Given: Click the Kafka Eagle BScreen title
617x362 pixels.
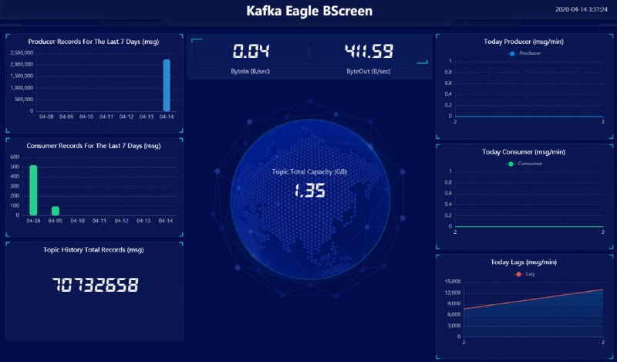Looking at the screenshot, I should pyautogui.click(x=308, y=11).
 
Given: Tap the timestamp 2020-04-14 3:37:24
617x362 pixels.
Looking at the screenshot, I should pyautogui.click(x=582, y=10).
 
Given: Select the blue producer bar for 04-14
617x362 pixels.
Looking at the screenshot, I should pyautogui.click(x=166, y=86).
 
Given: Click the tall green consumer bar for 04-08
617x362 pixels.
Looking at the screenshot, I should pyautogui.click(x=33, y=190).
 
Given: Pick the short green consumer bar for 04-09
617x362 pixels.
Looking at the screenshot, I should pyautogui.click(x=56, y=211).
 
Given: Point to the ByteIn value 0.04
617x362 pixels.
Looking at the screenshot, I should pyautogui.click(x=251, y=52).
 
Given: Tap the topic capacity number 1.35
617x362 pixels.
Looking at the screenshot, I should pyautogui.click(x=308, y=190).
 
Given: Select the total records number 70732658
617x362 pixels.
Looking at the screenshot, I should pyautogui.click(x=95, y=285).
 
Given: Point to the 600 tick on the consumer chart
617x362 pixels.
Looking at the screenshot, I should pyautogui.click(x=15, y=157).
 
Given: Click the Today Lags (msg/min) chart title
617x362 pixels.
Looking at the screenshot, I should pyautogui.click(x=524, y=262).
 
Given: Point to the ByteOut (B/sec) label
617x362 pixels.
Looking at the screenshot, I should pyautogui.click(x=369, y=71).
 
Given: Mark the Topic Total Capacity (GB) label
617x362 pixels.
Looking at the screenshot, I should pyautogui.click(x=308, y=171).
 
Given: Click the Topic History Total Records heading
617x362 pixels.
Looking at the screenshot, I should pyautogui.click(x=93, y=249).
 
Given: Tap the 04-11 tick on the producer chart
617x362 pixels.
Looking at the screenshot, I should pyautogui.click(x=106, y=117).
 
